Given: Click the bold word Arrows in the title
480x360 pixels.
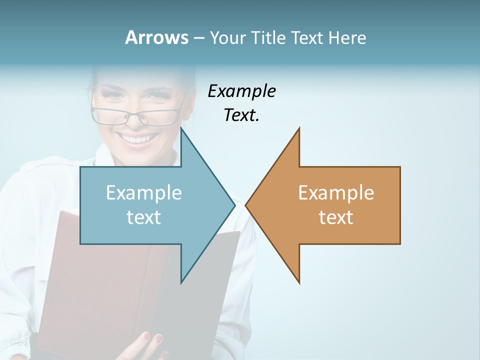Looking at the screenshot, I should click(x=156, y=37).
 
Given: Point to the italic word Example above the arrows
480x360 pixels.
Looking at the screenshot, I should click(x=241, y=91).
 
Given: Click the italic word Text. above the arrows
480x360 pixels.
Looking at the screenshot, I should click(x=241, y=115).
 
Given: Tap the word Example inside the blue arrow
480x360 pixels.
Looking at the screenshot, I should click(x=144, y=193).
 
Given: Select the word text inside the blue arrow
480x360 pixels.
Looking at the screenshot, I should click(x=144, y=217).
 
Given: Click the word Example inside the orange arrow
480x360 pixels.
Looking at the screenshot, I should click(x=336, y=193).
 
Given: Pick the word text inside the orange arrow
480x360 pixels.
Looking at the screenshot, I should click(x=336, y=217).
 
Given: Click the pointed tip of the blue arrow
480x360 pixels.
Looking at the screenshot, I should click(x=234, y=205).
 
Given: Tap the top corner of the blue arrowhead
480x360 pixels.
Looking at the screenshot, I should click(x=181, y=129).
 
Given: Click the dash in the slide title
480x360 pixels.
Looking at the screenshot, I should click(x=198, y=38).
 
